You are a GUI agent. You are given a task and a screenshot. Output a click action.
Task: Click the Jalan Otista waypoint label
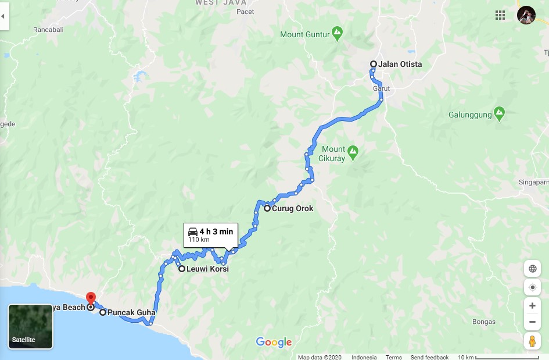click(400, 64)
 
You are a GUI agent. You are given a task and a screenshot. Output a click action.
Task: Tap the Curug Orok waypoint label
click(292, 208)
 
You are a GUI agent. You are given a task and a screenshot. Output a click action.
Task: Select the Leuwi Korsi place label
click(207, 269)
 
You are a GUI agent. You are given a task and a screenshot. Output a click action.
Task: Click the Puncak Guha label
click(131, 312)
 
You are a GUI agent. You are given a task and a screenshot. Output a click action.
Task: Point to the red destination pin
click(91, 297)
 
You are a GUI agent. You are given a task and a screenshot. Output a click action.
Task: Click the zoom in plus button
click(532, 305)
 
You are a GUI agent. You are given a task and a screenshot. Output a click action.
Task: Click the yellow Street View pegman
click(532, 341)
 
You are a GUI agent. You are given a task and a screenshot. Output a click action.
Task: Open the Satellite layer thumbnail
click(30, 326)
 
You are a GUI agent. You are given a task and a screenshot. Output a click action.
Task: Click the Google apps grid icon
click(500, 15)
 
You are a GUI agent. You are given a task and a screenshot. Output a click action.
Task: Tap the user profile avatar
click(526, 15)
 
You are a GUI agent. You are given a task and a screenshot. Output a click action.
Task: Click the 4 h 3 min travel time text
click(216, 231)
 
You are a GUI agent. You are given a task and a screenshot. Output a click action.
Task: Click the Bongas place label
click(484, 322)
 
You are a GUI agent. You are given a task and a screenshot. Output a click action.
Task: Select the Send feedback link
click(429, 357)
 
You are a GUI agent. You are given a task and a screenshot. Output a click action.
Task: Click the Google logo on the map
click(274, 343)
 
